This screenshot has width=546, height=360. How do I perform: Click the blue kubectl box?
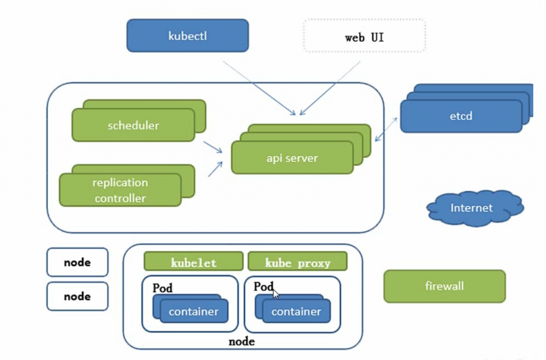click(x=187, y=36)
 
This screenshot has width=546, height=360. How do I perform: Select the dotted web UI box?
click(x=365, y=36)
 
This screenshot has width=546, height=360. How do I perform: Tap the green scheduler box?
click(x=133, y=125)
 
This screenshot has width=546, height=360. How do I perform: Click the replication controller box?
click(x=120, y=190)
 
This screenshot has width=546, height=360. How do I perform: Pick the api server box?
click(x=292, y=158)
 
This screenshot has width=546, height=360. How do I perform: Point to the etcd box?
click(x=461, y=116)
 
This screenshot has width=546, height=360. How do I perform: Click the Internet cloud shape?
click(x=475, y=208)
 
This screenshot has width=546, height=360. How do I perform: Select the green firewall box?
click(x=444, y=286)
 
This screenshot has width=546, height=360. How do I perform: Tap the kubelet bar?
click(x=194, y=261)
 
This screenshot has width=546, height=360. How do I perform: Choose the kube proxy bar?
click(x=298, y=261)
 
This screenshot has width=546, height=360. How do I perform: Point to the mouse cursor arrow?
click(x=276, y=294)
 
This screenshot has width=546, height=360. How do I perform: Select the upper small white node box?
click(x=77, y=262)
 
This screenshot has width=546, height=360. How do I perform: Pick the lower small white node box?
click(x=77, y=296)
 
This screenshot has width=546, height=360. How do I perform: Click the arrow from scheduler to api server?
click(x=213, y=147)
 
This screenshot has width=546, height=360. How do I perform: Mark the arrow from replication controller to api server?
click(x=215, y=169)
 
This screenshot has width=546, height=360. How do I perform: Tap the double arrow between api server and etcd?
click(x=386, y=129)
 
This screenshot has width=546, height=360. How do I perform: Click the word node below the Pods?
click(x=242, y=341)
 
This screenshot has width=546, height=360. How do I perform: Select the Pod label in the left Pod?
click(x=162, y=288)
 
